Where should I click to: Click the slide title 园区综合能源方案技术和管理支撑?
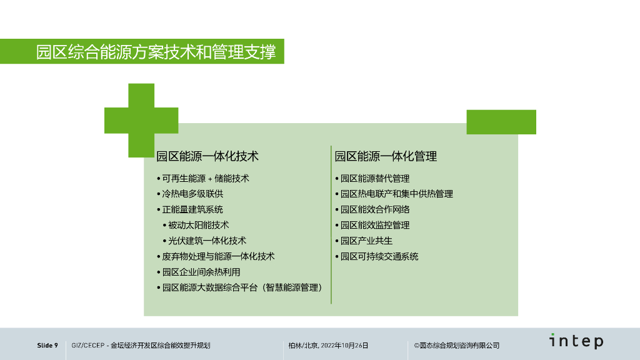point(156,51)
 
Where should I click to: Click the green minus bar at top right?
point(501,122)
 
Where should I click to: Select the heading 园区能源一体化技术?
point(207,156)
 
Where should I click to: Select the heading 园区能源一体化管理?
point(386,156)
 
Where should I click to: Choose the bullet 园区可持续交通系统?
point(379,256)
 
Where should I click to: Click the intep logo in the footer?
point(576,341)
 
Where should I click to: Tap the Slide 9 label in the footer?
point(47,346)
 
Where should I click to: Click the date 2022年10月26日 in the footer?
point(344,346)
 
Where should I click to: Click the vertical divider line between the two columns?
point(331,225)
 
